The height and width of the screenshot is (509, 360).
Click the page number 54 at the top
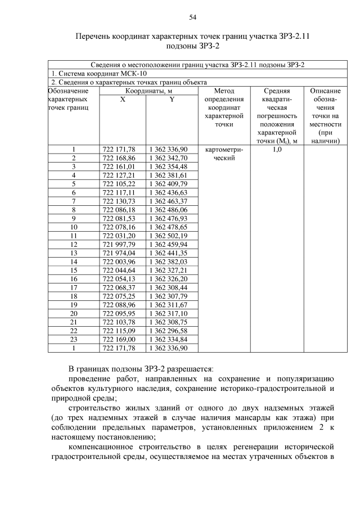(x=192, y=17)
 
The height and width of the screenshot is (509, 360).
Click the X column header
(x=123, y=99)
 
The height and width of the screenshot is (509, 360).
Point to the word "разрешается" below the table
(x=191, y=369)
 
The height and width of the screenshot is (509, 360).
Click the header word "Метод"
(x=224, y=90)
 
